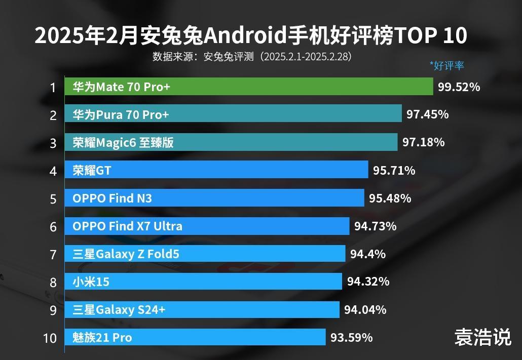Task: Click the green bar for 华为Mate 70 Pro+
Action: click(248, 87)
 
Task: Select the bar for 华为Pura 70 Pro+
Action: click(233, 115)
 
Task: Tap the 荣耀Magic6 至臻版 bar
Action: click(231, 143)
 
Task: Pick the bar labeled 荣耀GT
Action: click(216, 171)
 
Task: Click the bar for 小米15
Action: click(203, 282)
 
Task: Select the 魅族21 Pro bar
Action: click(195, 337)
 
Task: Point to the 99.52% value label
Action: click(459, 87)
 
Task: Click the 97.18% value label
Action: click(423, 142)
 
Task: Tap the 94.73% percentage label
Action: click(375, 226)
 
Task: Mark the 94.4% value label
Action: click(367, 254)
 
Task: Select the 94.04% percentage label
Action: click(365, 309)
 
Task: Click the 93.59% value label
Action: click(351, 337)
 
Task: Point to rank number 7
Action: click(53, 254)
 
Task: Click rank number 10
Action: click(50, 338)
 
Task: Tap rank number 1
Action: click(53, 88)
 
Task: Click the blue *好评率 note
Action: click(446, 65)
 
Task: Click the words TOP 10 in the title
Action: click(430, 36)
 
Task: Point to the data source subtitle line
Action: click(252, 56)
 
